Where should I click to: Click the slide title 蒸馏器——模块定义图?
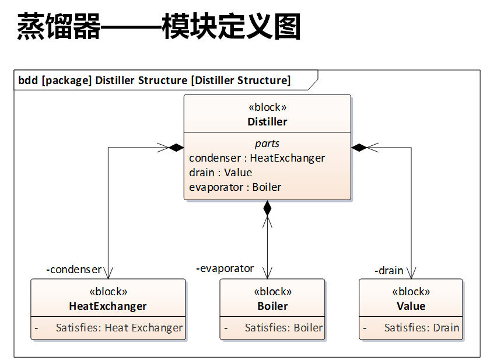click(x=159, y=27)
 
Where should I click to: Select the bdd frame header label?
click(x=154, y=80)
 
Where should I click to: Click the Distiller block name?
click(x=267, y=122)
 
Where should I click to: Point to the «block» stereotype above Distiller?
click(x=267, y=107)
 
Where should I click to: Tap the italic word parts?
click(x=267, y=144)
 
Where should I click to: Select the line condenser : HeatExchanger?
click(x=257, y=158)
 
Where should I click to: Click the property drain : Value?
click(x=220, y=173)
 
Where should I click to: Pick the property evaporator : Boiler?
click(x=235, y=187)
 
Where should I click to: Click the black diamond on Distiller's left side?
click(x=176, y=148)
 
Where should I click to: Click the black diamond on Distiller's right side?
click(x=359, y=148)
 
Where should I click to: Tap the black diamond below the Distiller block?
click(x=267, y=208)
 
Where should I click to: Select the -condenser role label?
click(x=73, y=270)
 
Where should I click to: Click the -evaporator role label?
click(x=225, y=268)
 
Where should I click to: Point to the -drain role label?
click(x=388, y=271)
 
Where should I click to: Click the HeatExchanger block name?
click(x=108, y=306)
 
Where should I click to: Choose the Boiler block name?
click(x=272, y=306)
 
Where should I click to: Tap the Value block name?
click(x=411, y=306)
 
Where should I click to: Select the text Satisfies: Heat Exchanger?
click(x=119, y=328)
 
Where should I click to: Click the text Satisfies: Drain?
click(x=421, y=328)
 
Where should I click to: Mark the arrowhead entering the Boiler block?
click(x=267, y=274)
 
